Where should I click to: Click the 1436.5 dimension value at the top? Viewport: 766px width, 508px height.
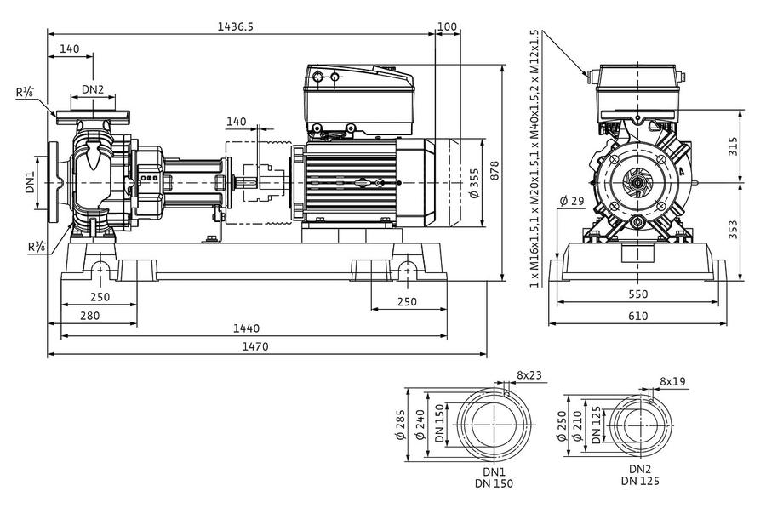[x=236, y=26]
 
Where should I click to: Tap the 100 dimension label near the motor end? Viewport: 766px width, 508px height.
[x=447, y=26]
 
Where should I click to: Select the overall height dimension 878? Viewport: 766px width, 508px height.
[x=494, y=171]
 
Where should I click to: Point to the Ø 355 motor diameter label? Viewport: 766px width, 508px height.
[x=473, y=183]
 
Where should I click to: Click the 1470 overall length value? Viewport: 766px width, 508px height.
[x=255, y=346]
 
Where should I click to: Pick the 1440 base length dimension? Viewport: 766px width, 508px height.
[x=246, y=328]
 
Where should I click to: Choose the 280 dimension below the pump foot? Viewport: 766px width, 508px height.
[x=90, y=316]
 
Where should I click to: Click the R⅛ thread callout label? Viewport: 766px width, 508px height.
[x=25, y=92]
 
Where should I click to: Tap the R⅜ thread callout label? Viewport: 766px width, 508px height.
[x=37, y=248]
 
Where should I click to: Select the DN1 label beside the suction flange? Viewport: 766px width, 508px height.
[x=31, y=182]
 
